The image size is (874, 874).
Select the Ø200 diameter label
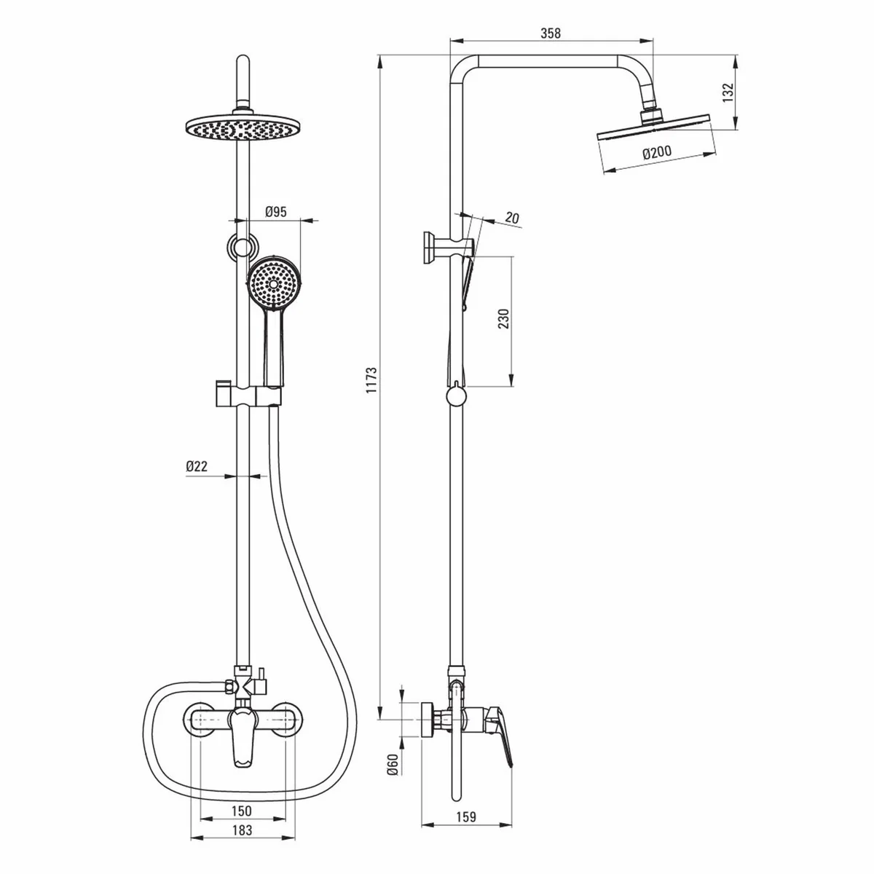click(x=657, y=153)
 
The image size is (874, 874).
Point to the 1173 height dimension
click(x=371, y=381)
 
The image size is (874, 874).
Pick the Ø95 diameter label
click(x=275, y=212)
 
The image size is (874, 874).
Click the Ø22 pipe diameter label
click(x=197, y=467)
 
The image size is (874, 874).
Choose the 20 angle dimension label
click(x=512, y=218)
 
